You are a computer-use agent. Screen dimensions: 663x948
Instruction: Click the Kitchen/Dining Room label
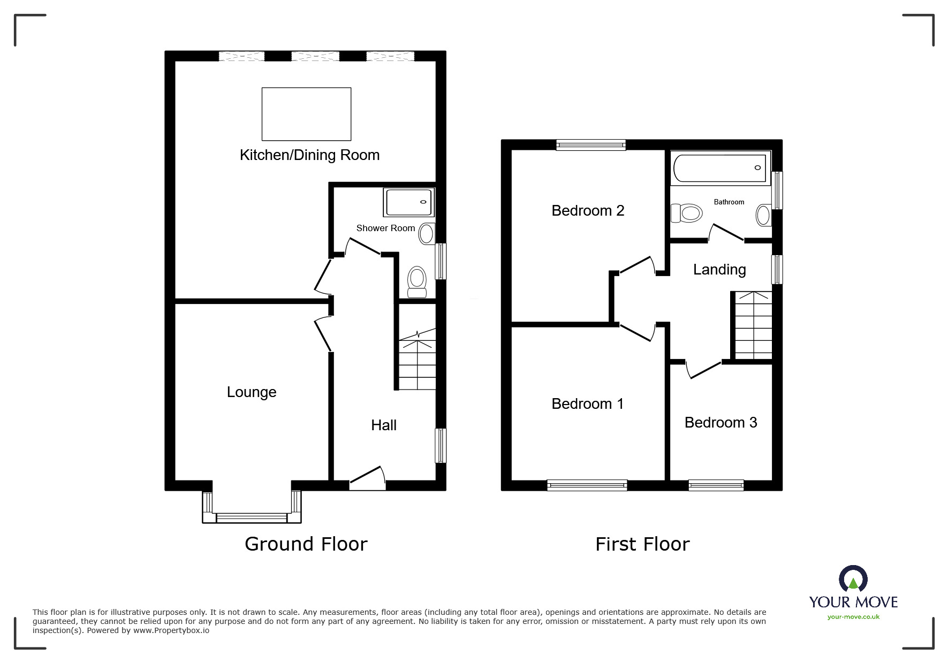[x=309, y=155]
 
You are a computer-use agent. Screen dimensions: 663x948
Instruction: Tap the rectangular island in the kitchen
[x=306, y=114]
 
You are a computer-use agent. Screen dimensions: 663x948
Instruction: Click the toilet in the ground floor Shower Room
[x=417, y=281]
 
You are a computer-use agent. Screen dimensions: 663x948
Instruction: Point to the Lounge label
[x=252, y=392]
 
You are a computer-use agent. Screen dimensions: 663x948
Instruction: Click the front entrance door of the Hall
[x=368, y=478]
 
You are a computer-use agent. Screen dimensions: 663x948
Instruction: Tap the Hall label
[x=384, y=425]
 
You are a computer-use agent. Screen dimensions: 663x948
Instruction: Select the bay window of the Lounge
[x=252, y=517]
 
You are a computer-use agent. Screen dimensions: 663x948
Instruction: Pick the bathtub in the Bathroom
[x=720, y=167]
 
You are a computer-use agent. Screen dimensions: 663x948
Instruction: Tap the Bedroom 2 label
[x=588, y=211]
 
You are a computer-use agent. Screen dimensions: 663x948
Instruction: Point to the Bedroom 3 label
[x=721, y=423]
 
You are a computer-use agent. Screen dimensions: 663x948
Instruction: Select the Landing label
[x=719, y=270]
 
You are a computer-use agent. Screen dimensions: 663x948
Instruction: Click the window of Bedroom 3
[x=716, y=485]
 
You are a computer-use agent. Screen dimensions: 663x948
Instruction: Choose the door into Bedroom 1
[x=638, y=331]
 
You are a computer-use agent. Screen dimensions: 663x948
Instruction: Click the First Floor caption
[x=642, y=544]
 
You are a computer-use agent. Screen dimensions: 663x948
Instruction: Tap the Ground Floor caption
[x=306, y=544]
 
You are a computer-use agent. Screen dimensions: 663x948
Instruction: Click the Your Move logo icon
[x=853, y=580]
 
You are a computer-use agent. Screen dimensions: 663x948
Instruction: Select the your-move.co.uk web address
[x=853, y=617]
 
